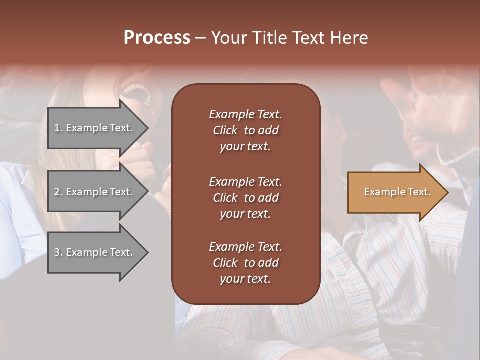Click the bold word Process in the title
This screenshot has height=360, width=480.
coord(157,37)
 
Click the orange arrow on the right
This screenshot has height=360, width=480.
coord(395,192)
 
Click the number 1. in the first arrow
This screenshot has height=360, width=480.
coord(58,128)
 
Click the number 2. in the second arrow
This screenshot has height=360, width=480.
coord(58,192)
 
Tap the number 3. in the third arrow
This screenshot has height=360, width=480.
coord(58,252)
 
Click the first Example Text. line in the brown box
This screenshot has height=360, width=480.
coord(245,114)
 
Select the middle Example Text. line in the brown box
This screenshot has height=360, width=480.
coord(245,182)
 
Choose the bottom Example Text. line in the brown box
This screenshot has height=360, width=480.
coord(245,247)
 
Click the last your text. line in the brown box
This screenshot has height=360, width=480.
coord(245,279)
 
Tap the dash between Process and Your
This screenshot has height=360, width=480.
coord(200,38)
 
